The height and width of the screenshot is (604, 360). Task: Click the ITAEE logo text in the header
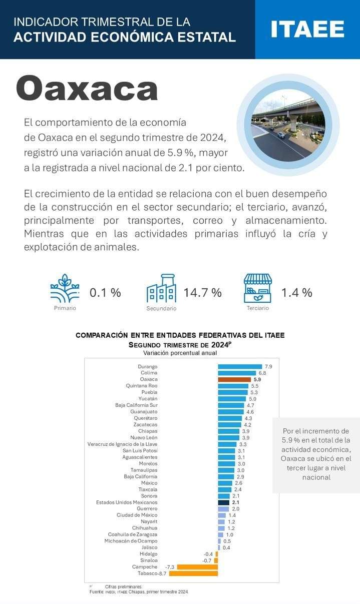pos(307,29)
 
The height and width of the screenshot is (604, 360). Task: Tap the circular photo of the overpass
pos(288,125)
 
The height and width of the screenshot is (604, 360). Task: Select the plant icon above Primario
pos(65,288)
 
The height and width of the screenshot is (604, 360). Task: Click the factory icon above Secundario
pos(161,288)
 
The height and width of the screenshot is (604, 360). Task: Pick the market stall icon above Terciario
pos(258,288)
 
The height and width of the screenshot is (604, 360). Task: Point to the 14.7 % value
pos(202,293)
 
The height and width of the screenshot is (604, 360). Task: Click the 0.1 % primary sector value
pos(105,293)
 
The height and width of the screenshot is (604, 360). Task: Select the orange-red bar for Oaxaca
pos(234,380)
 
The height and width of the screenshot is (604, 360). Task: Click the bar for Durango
pos(240,367)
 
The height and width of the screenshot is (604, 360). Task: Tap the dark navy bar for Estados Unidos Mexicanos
pos(223,502)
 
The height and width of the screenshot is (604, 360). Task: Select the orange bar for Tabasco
pos(193,573)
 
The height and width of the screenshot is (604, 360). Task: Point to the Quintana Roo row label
pos(142,386)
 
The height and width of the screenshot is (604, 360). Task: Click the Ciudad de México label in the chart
pos(137,515)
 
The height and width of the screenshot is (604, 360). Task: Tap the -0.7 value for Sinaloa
pos(207,560)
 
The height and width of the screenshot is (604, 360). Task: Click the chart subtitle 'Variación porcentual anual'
pos(180,353)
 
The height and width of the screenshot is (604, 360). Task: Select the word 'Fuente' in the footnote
pos(96,592)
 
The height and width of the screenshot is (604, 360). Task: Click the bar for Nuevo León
pos(229,438)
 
